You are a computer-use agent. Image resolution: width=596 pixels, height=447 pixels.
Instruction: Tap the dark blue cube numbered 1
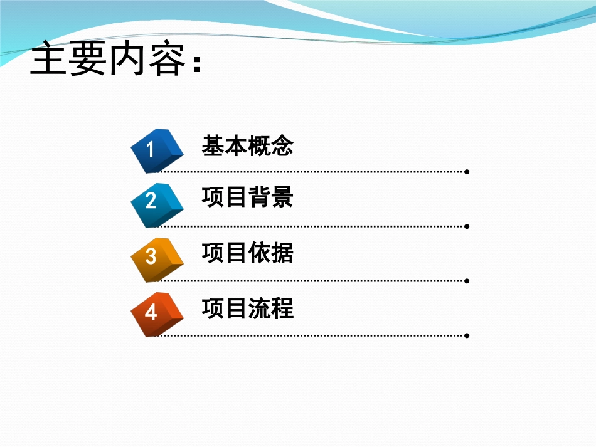point(155,150)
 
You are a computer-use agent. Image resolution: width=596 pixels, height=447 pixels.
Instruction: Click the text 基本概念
point(248,146)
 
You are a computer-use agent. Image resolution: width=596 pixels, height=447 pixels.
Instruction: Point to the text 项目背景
point(248,198)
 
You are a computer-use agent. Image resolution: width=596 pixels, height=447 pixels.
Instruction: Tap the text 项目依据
point(248,253)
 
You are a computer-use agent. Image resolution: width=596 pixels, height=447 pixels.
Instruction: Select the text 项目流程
point(248,308)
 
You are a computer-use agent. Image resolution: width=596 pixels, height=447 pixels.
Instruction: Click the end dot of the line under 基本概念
point(467,171)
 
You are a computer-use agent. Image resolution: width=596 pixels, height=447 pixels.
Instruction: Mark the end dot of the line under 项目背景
point(467,226)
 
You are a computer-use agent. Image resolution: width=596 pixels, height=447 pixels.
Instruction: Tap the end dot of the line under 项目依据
point(467,281)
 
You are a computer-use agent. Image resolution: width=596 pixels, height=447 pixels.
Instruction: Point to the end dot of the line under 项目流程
point(467,335)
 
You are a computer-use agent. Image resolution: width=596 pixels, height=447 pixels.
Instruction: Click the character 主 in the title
point(48,60)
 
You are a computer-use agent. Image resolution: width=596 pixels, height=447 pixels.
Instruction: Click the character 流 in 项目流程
point(259,308)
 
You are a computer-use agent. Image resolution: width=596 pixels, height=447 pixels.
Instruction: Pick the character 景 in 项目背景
point(282,198)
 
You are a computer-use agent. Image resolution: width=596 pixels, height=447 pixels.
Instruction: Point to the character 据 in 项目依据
point(282,253)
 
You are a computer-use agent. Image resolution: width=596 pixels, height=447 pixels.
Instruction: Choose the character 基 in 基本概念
point(213,146)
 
